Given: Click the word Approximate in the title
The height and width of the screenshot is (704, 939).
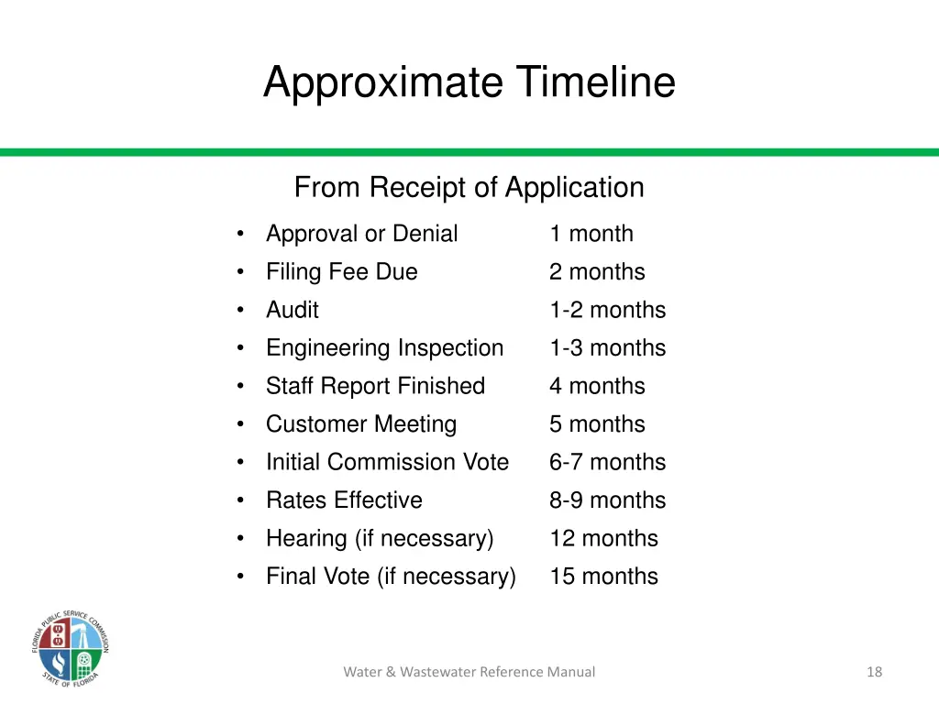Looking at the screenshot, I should pos(382,82).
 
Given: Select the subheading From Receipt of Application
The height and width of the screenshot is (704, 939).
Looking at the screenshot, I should pos(469,188).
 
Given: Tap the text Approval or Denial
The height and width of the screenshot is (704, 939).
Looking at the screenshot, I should pos(361,234).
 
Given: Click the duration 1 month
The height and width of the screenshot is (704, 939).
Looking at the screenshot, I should pos(591,234).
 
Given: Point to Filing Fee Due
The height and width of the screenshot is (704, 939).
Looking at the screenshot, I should pos(341,272).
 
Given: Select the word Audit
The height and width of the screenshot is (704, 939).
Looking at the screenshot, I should pos(292,310).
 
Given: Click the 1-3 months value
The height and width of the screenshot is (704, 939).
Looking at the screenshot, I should pos(607,348).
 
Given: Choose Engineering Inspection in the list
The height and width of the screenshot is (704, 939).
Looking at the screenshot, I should pos(384,348).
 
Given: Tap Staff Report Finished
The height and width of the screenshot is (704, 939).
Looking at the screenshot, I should pos(375,386).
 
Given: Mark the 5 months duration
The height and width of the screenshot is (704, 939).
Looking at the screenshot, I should pos(597,424).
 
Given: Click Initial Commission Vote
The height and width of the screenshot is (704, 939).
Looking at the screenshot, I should pos(387,462).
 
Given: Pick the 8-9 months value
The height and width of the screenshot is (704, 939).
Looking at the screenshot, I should pos(607,500).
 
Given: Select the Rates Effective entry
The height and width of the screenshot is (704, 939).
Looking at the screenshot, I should pos(344,500).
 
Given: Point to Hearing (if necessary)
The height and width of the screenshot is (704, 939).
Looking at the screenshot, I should pos(380,538).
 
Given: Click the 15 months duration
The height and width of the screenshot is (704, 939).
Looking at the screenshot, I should pos(603,577).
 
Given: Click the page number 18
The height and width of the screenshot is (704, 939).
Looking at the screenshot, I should pos(874,672).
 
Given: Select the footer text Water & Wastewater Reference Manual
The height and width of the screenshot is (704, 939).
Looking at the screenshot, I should pos(469,672).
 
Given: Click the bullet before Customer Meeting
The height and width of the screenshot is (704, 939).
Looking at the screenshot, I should pos(239,424).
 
